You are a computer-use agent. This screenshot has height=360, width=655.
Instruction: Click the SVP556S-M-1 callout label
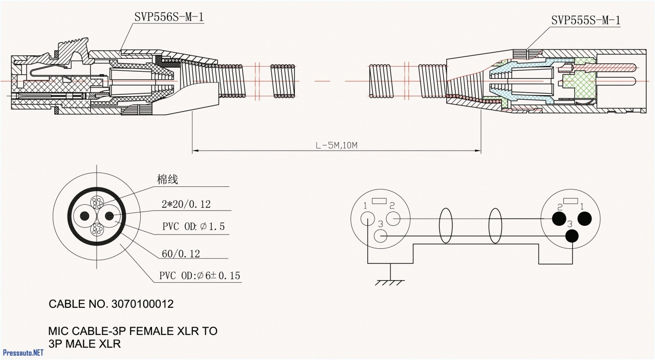pos(170,17)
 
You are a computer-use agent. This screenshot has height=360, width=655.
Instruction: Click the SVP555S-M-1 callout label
pos(585,20)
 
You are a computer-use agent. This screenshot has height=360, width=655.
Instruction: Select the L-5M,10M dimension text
pos(336,145)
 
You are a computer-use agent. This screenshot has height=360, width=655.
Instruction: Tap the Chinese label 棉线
pos(167,180)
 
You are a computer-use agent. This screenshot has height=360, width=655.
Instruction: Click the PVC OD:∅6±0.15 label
pos(199,276)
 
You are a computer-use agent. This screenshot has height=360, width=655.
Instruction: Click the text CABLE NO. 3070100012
pos(111,304)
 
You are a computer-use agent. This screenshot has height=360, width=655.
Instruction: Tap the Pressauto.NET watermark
pos(23,353)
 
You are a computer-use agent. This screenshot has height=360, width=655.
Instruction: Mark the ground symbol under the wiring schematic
pos(390,282)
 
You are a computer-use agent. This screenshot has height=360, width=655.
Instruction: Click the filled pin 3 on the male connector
pos(572,236)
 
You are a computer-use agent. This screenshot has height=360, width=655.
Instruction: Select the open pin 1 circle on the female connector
pos(367,219)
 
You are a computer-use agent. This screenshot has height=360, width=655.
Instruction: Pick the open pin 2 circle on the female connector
pos(392,219)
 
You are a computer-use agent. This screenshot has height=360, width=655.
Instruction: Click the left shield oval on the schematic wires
pos(446,225)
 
